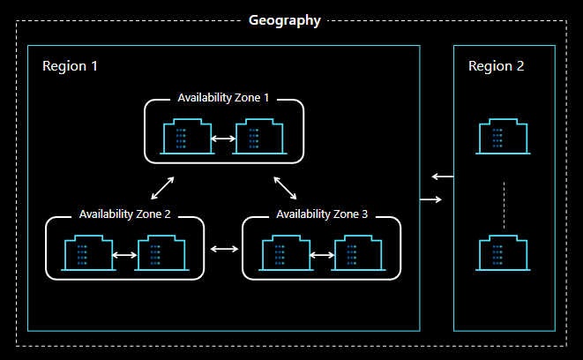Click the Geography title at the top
(284, 20)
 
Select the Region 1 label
(70, 67)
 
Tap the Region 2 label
(496, 67)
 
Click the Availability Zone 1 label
(224, 97)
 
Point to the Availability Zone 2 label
(125, 214)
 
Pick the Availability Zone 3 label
(322, 214)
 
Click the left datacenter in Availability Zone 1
(187, 139)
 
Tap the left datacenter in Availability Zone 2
(88, 254)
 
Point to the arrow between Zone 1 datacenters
(223, 139)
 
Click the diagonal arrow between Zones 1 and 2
(162, 188)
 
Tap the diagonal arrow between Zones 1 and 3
(285, 188)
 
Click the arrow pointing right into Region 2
(431, 199)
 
